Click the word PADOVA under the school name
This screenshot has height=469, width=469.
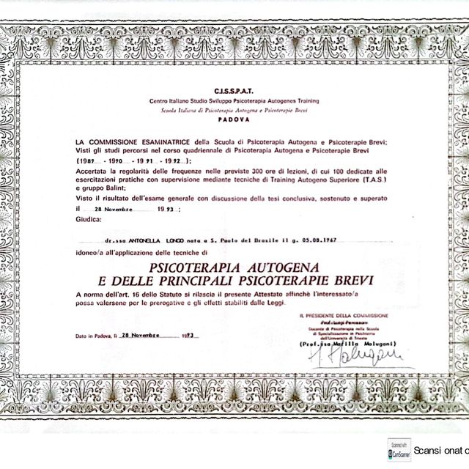[234, 118]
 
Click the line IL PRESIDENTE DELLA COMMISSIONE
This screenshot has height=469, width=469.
[344, 315]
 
